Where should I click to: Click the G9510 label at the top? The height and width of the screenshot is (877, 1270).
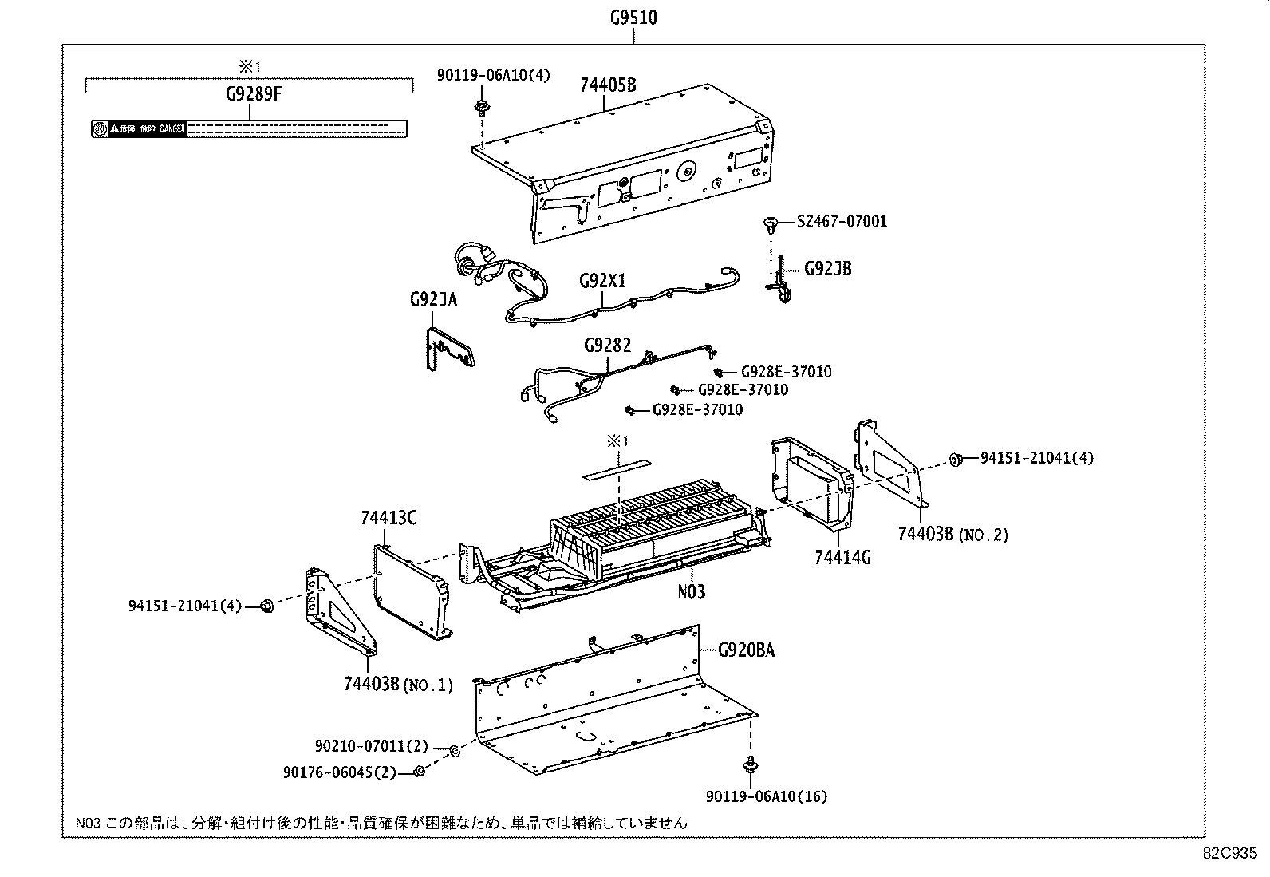pyautogui.click(x=633, y=17)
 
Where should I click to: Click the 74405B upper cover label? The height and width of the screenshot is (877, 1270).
pyautogui.click(x=608, y=85)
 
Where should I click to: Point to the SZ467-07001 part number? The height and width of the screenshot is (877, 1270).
pyautogui.click(x=842, y=221)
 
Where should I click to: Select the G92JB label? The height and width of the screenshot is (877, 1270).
pyautogui.click(x=827, y=269)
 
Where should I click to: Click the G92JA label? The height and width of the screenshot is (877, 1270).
pyautogui.click(x=433, y=299)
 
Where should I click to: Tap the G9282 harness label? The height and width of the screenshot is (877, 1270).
pyautogui.click(x=607, y=345)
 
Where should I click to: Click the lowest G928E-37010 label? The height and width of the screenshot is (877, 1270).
pyautogui.click(x=697, y=409)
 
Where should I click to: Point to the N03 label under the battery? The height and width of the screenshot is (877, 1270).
pyautogui.click(x=691, y=591)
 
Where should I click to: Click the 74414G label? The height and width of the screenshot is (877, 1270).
pyautogui.click(x=842, y=557)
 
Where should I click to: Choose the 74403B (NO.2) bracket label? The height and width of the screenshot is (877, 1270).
pyautogui.click(x=952, y=534)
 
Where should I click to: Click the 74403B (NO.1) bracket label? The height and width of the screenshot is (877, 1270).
pyautogui.click(x=397, y=684)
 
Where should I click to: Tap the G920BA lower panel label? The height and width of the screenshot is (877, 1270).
pyautogui.click(x=746, y=650)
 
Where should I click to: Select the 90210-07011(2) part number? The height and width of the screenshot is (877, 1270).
pyautogui.click(x=371, y=747)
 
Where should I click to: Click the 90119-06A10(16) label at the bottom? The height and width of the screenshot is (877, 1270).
pyautogui.click(x=766, y=796)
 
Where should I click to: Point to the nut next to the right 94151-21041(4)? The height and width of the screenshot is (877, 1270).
pyautogui.click(x=956, y=459)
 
